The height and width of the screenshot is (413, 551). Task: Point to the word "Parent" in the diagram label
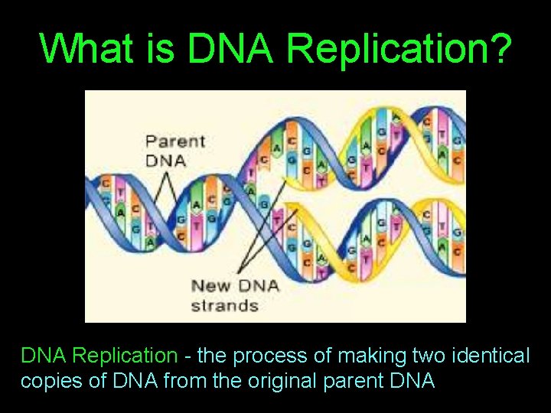click(x=175, y=141)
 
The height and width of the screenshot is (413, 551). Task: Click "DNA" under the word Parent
click(x=165, y=159)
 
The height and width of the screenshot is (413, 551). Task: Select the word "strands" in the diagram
click(x=224, y=305)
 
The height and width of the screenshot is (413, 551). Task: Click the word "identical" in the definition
click(x=491, y=356)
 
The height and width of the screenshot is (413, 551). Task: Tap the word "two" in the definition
click(x=425, y=356)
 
